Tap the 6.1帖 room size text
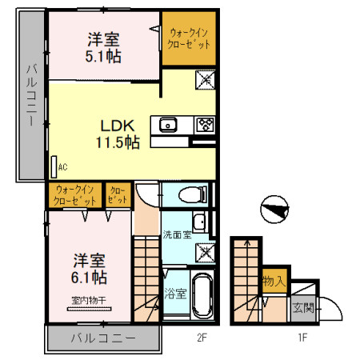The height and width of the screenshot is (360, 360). coord(88,278)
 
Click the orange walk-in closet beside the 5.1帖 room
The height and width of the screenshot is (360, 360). coord(190,38)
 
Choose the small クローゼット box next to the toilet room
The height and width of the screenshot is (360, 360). coord(117,194)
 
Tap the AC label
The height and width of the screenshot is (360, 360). coord(62,168)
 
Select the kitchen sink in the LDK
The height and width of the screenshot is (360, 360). coord(169,124)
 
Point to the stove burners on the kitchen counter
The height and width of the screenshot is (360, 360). coord(205,124)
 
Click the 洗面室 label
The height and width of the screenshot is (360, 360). coord(176,235)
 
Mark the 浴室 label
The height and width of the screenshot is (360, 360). coord(177,294)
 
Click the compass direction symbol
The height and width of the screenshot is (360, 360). coord(274,209)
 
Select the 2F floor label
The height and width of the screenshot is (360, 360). coord(202,338)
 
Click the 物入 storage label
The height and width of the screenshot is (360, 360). coord(274,282)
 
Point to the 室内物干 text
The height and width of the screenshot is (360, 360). coord(88,302)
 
